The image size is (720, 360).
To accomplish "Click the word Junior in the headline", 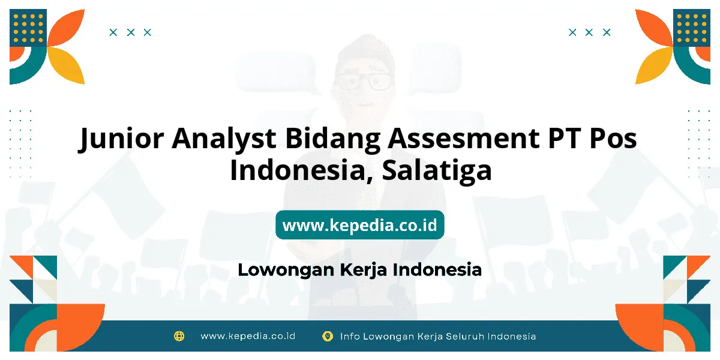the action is [121, 139].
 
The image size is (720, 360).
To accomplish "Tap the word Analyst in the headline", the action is [224, 138].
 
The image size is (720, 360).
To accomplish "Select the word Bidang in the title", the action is [332, 139].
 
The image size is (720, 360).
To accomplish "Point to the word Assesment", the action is [463, 138].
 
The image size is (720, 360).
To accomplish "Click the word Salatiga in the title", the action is [437, 170].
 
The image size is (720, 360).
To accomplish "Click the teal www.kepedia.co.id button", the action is [359, 224].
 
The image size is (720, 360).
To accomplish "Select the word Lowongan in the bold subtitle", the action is [286, 270].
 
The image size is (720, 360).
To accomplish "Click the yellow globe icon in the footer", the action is [179, 336].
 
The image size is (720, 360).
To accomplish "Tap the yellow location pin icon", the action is [327, 336].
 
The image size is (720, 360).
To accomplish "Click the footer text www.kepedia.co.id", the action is [248, 336].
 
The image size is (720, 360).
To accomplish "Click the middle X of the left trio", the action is [131, 32].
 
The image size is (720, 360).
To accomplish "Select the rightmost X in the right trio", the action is [607, 32].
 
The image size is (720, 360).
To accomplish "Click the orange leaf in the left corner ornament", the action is [67, 27].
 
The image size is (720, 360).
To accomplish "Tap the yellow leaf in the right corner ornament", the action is [653, 65].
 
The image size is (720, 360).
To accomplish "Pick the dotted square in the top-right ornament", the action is [692, 28].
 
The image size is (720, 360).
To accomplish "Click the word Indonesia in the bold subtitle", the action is [437, 270].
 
